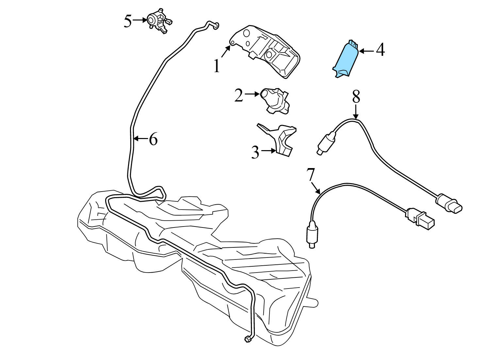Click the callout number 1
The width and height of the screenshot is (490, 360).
coord(217,66)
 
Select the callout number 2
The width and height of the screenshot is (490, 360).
coord(239,95)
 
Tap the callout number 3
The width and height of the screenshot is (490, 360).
coord(255,152)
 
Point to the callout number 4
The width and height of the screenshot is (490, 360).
coord(381,50)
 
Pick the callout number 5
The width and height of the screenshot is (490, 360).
coord(128,21)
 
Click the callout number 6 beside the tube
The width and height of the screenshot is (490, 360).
coord(153,139)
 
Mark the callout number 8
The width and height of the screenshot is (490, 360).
coord(356,97)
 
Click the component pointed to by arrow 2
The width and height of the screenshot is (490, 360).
coord(275,101)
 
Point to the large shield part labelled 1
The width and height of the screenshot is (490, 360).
coord(265,51)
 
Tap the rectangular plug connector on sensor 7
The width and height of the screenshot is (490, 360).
coord(420,219)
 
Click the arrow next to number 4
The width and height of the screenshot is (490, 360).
coord(367,51)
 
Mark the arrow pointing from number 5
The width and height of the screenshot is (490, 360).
coord(140,20)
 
